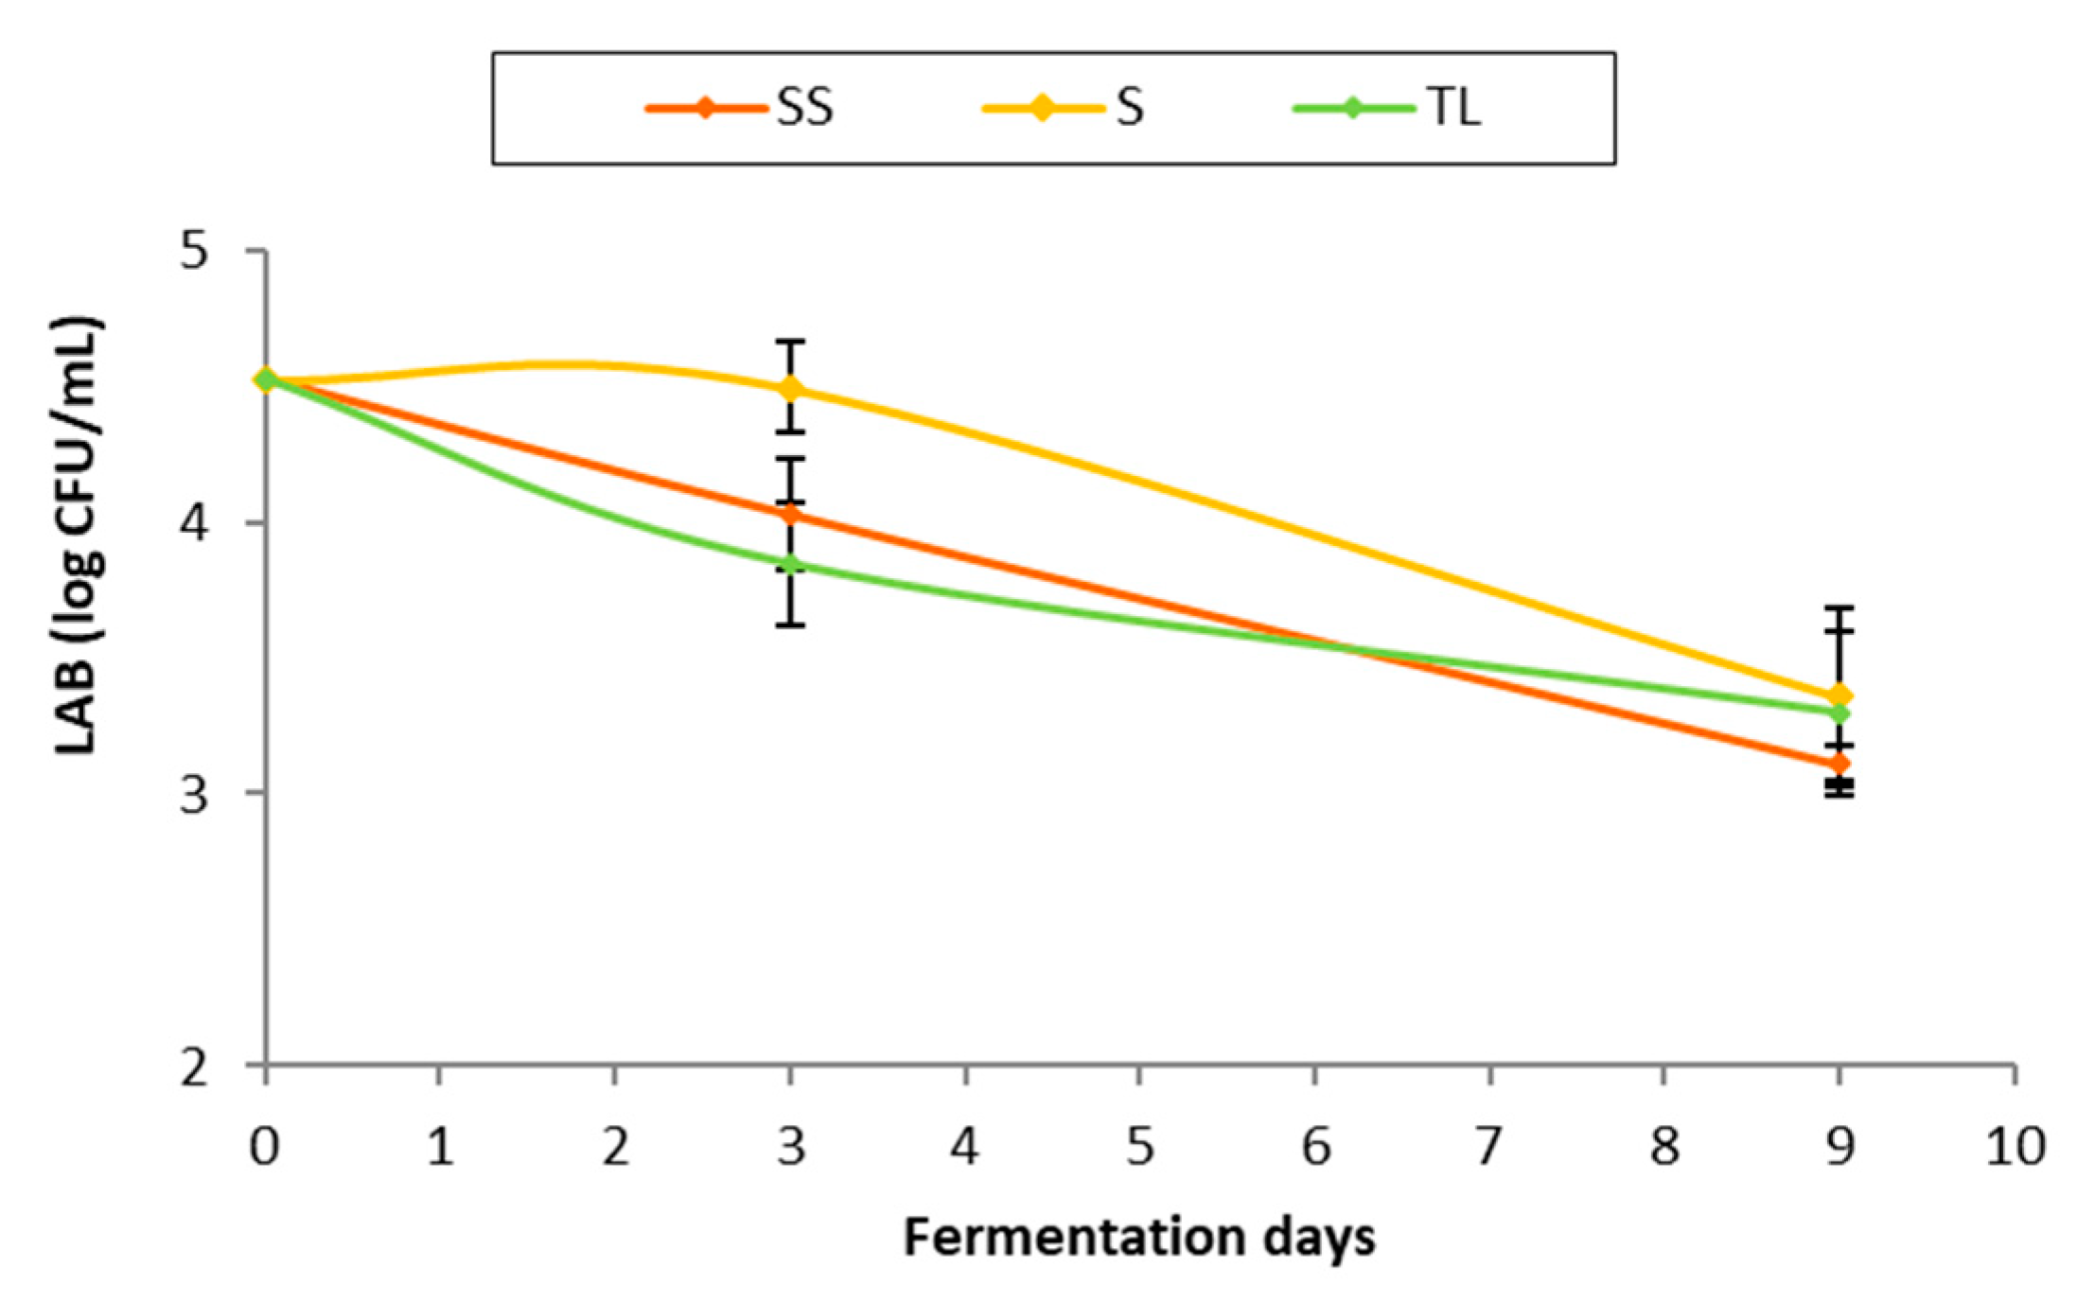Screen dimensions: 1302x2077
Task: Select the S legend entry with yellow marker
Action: click(1064, 108)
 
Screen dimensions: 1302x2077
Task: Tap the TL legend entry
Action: click(1386, 108)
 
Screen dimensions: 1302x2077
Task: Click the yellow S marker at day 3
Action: click(791, 389)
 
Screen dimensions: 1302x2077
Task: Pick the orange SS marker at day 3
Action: click(791, 515)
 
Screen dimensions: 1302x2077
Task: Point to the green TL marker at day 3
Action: click(791, 566)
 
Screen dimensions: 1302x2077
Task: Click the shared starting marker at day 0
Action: click(266, 380)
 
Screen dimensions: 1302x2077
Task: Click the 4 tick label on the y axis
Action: click(194, 522)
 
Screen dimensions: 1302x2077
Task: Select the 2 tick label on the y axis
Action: click(194, 1067)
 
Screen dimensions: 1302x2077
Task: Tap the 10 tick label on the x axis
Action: click(2015, 1147)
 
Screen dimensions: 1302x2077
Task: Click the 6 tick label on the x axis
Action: click(1315, 1147)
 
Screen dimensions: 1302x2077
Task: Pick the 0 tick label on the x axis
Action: click(265, 1147)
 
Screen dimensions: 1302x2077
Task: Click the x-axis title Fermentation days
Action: click(1139, 1238)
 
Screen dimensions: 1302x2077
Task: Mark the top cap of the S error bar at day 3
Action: click(791, 341)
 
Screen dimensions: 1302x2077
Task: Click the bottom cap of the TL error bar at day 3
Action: click(791, 625)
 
